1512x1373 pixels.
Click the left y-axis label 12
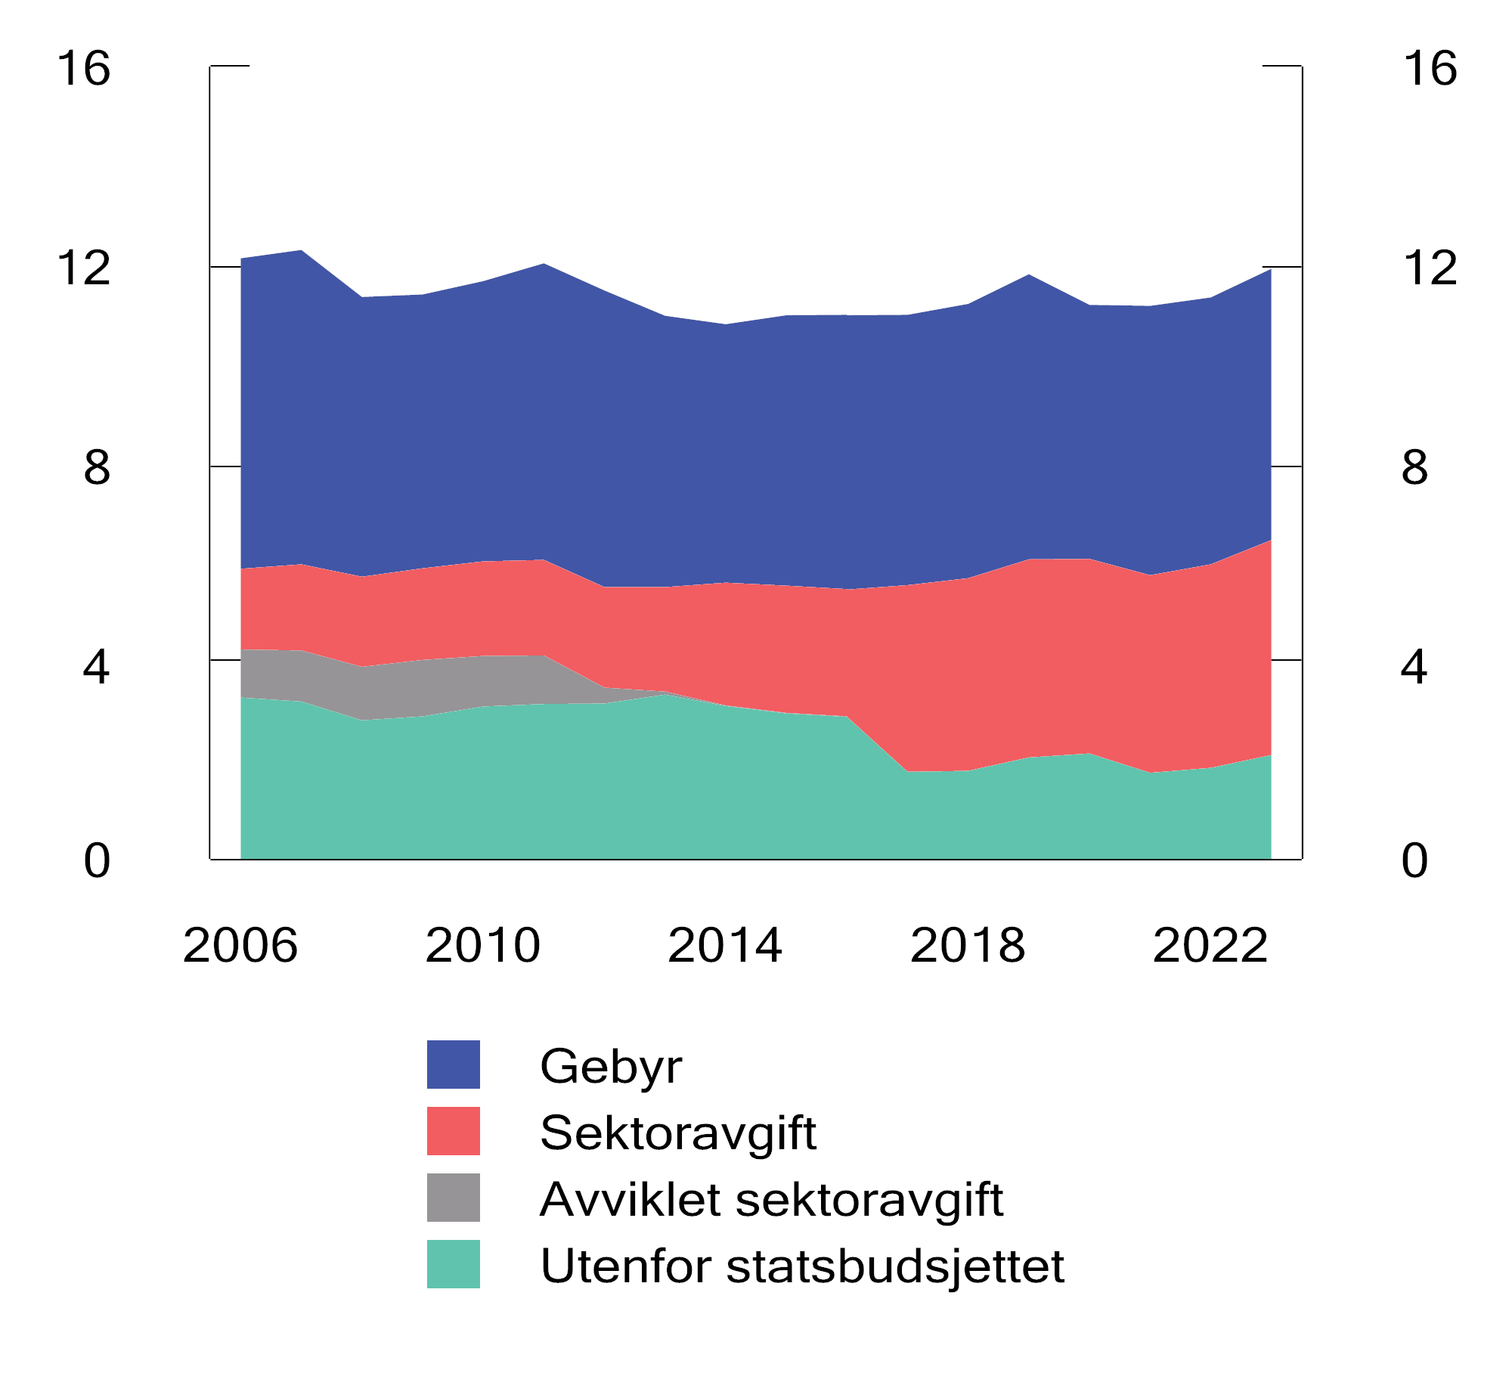[84, 268]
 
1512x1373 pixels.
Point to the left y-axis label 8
[97, 468]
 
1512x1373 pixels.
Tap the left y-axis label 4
[97, 668]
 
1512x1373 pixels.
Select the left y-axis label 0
[97, 860]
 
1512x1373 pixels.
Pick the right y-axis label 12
[1430, 268]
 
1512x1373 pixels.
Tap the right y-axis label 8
[1414, 468]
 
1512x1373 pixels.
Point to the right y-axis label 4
[1414, 668]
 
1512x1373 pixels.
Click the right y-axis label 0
[1414, 860]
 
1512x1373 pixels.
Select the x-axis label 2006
[240, 946]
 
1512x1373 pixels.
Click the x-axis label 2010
[483, 946]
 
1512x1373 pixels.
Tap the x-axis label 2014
[725, 946]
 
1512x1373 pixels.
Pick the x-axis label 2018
[968, 946]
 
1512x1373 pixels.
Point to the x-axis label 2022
[1210, 946]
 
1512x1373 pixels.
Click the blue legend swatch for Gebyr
[454, 1065]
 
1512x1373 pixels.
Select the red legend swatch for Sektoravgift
[454, 1131]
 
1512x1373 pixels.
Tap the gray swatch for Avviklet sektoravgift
[454, 1198]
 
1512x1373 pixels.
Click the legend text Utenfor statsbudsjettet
[802, 1266]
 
